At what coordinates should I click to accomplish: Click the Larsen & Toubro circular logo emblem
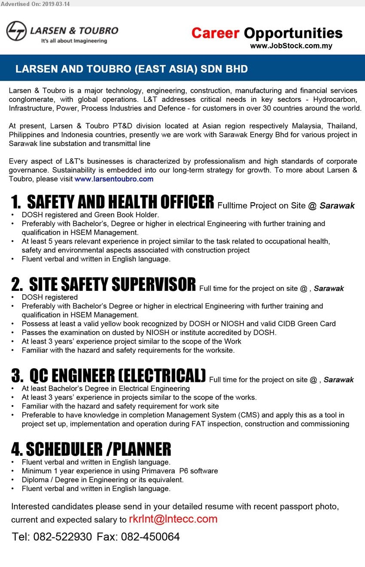coord(16,31)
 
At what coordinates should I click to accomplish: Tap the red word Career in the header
coord(215,33)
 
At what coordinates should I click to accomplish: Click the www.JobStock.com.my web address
coord(291,46)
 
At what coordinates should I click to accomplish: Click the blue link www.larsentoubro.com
coord(114,179)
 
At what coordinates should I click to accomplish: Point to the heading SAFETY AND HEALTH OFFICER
coord(113,202)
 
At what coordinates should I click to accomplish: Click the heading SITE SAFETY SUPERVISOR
coord(104,285)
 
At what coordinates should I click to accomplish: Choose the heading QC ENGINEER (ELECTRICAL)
coord(109,376)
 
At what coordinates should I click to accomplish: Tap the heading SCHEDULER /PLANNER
coord(91,449)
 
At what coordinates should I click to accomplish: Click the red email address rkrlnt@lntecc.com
coord(173,519)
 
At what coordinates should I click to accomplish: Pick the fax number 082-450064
coord(150,537)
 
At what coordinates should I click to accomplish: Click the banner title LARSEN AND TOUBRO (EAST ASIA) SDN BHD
coord(131,69)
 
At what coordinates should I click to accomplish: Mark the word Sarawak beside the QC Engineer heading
coord(338,380)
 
